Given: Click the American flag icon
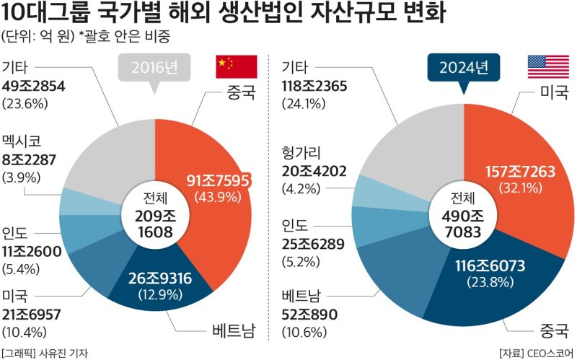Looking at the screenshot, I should point(547,67).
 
